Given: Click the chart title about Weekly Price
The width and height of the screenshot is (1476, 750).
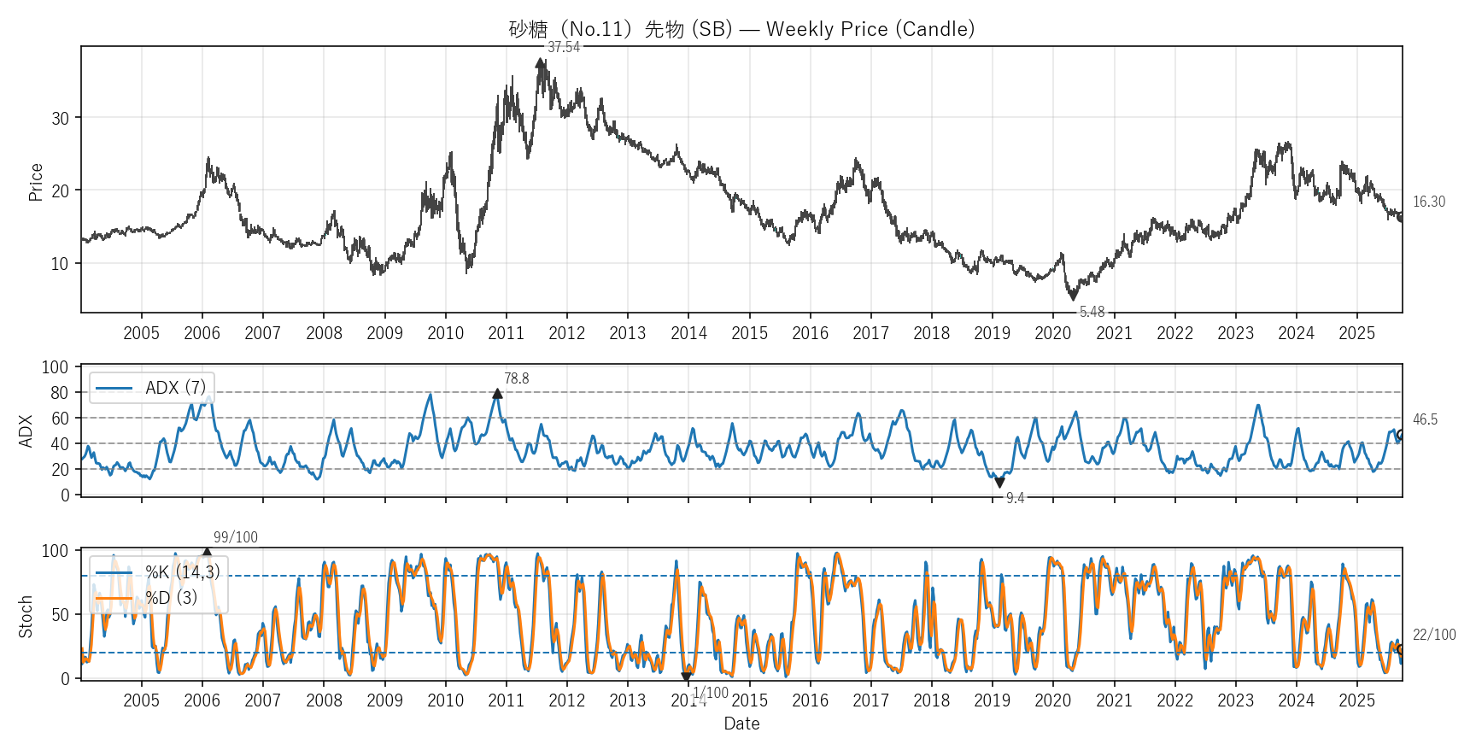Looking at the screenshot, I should [x=741, y=29].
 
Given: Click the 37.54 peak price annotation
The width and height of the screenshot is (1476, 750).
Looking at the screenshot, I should [x=564, y=47].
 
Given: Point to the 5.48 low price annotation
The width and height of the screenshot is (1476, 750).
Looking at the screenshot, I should [x=1092, y=312].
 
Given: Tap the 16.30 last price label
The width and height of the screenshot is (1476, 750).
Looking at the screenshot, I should [x=1428, y=202].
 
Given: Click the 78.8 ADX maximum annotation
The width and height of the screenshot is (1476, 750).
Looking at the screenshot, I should [x=516, y=378].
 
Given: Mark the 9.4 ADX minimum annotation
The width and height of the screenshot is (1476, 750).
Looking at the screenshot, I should [x=1015, y=498].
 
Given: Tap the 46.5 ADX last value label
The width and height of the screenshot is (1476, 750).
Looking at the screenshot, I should [x=1425, y=419].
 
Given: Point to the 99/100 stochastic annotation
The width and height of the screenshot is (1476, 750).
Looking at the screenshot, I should [x=235, y=537].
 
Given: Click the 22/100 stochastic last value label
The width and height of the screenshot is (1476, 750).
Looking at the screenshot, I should [x=1433, y=635].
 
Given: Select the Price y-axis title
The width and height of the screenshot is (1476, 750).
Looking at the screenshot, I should [x=36, y=182].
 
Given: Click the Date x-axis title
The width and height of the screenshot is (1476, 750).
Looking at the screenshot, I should [x=741, y=724].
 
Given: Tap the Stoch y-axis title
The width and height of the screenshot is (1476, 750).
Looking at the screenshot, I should [x=26, y=617].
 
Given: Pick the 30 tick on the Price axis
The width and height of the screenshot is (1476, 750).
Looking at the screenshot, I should [x=60, y=119].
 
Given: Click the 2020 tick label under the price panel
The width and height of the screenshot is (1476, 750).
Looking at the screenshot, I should [x=1052, y=333].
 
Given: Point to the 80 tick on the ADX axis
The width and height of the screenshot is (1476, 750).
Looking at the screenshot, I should [x=59, y=393].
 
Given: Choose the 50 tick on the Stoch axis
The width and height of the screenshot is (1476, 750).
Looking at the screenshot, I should [x=59, y=615].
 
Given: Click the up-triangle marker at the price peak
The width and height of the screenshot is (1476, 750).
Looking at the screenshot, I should [x=540, y=62].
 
